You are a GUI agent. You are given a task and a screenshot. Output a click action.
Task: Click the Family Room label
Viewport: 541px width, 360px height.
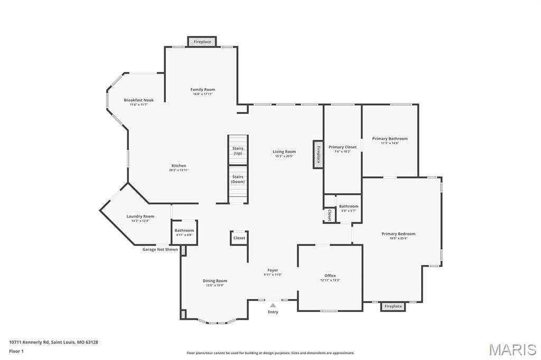[203, 90]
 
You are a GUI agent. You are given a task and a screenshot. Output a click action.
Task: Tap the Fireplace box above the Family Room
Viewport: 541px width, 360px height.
[202, 42]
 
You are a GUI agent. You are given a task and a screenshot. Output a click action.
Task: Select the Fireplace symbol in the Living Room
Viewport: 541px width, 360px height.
[318, 154]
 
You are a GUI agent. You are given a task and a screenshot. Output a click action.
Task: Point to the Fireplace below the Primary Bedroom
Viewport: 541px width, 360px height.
[393, 306]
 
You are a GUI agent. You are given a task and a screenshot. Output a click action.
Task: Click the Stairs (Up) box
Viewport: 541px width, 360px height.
[238, 150]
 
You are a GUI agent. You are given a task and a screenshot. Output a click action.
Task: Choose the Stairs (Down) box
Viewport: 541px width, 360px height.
[238, 179]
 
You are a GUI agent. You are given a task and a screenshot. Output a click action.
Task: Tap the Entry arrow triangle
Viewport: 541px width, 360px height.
[273, 305]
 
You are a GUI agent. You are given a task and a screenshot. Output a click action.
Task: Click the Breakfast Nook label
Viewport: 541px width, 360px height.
[139, 100]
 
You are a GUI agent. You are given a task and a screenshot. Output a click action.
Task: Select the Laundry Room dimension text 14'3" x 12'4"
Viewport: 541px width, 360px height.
[141, 221]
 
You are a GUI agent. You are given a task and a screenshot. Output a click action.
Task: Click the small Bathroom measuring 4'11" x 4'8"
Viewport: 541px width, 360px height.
[184, 232]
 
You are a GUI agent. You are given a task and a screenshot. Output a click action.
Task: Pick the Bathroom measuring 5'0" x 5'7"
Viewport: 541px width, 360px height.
[348, 208]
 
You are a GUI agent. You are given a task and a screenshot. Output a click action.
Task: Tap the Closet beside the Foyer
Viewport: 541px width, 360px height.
[239, 238]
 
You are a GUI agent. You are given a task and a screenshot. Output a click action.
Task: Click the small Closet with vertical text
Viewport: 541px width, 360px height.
[329, 215]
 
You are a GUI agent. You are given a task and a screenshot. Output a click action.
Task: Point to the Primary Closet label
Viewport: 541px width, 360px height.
[342, 147]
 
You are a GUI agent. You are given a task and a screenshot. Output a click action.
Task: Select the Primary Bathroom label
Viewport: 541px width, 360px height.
[390, 139]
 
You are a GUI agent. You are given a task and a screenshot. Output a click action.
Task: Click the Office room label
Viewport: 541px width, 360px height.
[330, 276]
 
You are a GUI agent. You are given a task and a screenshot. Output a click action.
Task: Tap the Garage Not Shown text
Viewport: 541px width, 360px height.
[160, 249]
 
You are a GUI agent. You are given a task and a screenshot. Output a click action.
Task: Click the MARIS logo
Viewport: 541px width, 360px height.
[512, 349]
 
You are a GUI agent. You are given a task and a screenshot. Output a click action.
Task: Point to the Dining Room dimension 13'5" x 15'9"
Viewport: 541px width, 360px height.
[215, 286]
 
